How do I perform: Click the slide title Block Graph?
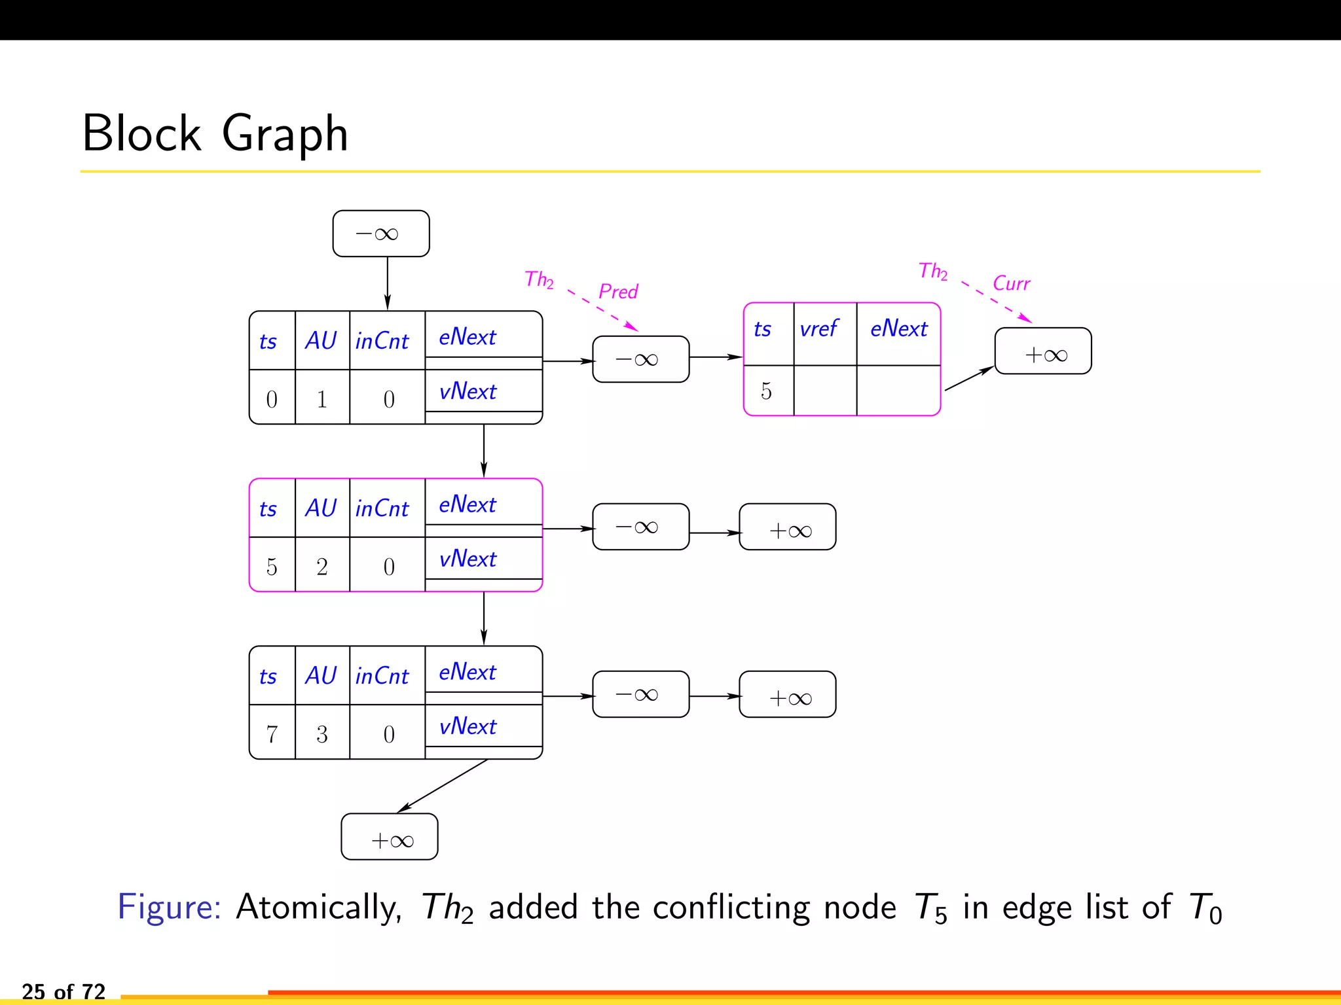click(x=215, y=133)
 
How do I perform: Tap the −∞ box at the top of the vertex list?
click(x=380, y=234)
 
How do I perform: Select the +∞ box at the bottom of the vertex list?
click(x=390, y=837)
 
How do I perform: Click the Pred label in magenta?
click(x=618, y=291)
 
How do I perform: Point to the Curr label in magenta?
click(x=1011, y=283)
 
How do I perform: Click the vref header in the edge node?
click(x=819, y=328)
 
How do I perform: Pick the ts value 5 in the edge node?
click(x=766, y=391)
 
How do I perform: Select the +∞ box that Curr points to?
click(x=1043, y=351)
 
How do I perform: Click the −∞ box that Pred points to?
click(x=640, y=359)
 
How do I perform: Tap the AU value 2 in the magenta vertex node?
click(x=321, y=567)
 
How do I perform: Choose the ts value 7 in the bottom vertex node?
click(x=272, y=734)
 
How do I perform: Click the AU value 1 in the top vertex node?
click(x=321, y=399)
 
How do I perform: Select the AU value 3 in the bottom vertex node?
click(x=321, y=734)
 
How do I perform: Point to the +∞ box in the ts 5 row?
click(x=788, y=527)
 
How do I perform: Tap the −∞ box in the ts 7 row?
click(x=640, y=694)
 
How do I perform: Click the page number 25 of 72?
click(x=64, y=991)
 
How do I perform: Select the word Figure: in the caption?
click(x=169, y=907)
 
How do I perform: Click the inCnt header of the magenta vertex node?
click(x=382, y=509)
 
